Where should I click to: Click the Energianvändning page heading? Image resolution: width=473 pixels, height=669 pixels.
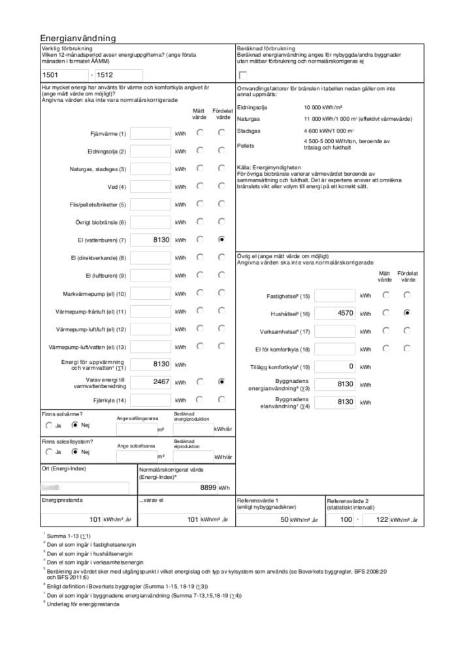click(78, 39)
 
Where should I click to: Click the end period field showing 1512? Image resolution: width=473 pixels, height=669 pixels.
click(118, 75)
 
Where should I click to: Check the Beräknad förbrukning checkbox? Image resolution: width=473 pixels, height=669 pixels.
click(243, 75)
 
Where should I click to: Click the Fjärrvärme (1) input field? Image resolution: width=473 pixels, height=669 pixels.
click(150, 134)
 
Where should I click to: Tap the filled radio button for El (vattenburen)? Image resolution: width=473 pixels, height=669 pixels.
click(222, 240)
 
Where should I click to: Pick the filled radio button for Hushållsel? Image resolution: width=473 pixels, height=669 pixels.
click(407, 313)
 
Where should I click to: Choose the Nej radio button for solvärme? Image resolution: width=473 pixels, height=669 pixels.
click(74, 425)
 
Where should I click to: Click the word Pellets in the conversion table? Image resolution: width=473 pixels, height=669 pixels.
click(246, 145)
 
